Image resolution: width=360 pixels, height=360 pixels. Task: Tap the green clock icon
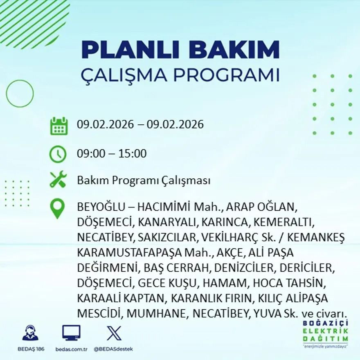(x=58, y=154)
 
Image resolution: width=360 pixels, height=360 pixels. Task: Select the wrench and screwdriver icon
(x=58, y=180)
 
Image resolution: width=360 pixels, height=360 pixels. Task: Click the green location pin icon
(x=58, y=208)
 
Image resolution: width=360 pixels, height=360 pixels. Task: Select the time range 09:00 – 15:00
(x=112, y=154)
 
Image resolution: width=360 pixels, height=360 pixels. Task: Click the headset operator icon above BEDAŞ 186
(x=30, y=333)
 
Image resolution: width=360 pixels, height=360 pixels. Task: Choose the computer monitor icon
(x=71, y=333)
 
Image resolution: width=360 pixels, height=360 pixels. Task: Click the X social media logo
(x=113, y=333)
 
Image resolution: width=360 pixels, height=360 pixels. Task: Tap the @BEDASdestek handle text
(x=113, y=349)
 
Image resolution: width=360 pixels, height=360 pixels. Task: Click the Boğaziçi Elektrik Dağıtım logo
(x=326, y=333)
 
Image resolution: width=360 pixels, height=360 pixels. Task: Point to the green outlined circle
(x=20, y=94)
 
